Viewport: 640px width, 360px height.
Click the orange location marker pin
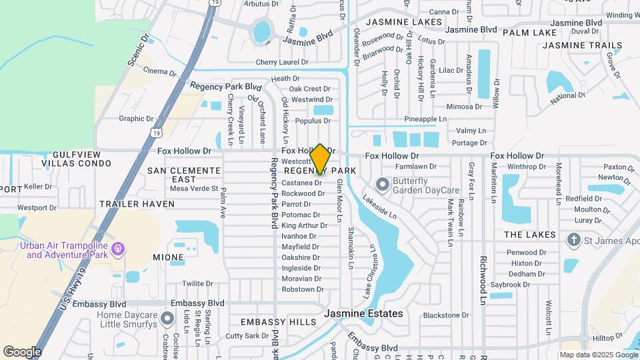pyautogui.click(x=320, y=159)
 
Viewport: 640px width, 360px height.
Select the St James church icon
pyautogui.click(x=573, y=239)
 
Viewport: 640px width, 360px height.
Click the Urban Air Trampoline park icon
pyautogui.click(x=118, y=249)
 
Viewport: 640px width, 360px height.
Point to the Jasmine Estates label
pyautogui.click(x=363, y=313)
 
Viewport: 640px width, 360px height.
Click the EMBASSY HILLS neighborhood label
pyautogui.click(x=279, y=322)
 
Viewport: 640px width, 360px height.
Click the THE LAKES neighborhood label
pyautogui.click(x=529, y=235)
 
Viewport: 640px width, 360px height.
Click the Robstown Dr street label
pyautogui.click(x=303, y=289)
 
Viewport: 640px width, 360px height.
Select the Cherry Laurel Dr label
pyautogui.click(x=282, y=62)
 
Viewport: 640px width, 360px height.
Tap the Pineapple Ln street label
pyautogui.click(x=425, y=119)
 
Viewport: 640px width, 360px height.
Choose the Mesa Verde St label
pyautogui.click(x=194, y=189)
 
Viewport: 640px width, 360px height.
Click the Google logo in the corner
pyautogui.click(x=22, y=351)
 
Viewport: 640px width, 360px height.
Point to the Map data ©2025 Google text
pyautogui.click(x=597, y=355)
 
